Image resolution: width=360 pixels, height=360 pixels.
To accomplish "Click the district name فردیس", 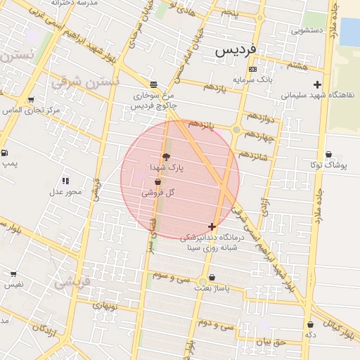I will pos(236,51).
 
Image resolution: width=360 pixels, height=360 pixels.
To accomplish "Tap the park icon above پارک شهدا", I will pos(166,157).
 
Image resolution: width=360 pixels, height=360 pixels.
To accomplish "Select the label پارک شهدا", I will pos(166,169).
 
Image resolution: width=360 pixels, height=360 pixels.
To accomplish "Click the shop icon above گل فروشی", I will pos(157,182).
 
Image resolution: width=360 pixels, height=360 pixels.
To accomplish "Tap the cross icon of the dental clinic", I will pos(212,226).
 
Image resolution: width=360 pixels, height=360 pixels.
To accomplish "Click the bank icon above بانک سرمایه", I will pos(252,69).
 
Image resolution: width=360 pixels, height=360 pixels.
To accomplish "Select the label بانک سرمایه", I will pos(252,79).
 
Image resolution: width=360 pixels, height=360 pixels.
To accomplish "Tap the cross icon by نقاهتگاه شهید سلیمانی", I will pos(318,84).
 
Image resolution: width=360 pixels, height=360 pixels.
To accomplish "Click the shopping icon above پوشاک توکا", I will pos(328,155).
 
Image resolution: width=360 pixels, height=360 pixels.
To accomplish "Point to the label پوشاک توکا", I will pos(328,166).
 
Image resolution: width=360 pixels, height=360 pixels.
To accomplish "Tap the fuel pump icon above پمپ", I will pos(5,153).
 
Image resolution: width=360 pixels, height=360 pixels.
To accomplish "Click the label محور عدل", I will pos(65,191).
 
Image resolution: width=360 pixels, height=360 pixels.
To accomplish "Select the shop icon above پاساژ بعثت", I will pos(212,277).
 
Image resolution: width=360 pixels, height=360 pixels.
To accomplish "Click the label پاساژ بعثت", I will pos(212,288).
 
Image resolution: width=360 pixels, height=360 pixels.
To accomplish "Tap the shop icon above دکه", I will pos(310,325).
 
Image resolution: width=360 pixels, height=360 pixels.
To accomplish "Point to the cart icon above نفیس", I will pos(13,274).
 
